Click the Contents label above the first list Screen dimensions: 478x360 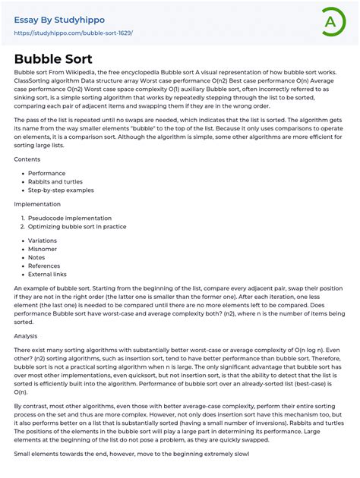[x=27, y=160]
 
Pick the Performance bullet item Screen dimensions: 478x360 [x=47, y=173]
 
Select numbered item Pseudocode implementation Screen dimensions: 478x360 [x=69, y=218]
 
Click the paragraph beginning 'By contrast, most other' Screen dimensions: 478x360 [x=179, y=422]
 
